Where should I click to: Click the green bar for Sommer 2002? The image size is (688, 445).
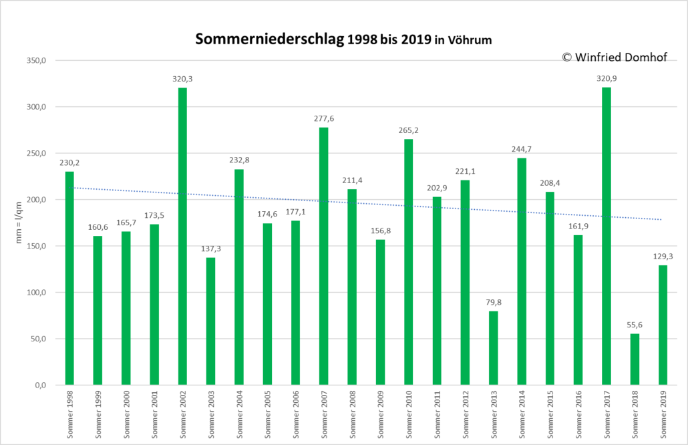[182, 237]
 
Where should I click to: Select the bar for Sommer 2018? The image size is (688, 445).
[635, 359]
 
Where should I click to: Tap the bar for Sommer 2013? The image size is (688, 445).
[494, 349]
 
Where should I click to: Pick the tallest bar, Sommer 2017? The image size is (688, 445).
[607, 236]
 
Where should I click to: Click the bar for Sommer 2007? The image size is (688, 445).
[324, 257]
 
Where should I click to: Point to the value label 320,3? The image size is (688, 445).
[182, 79]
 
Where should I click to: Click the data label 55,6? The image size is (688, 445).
[635, 325]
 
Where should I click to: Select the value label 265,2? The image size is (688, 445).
[409, 130]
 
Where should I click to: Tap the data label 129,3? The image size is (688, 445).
[663, 257]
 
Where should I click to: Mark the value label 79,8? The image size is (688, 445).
[494, 303]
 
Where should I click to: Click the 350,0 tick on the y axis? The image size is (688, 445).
[37, 61]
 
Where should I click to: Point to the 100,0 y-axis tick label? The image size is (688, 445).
[37, 292]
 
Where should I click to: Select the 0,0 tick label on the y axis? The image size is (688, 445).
[40, 386]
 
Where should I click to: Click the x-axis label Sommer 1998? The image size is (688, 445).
[69, 415]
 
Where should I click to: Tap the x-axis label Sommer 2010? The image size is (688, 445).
[409, 415]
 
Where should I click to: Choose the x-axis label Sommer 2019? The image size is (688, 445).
[663, 415]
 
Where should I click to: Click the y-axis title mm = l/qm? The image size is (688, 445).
[19, 222]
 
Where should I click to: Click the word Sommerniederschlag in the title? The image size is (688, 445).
[269, 39]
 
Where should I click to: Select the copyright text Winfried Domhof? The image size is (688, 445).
[621, 57]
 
